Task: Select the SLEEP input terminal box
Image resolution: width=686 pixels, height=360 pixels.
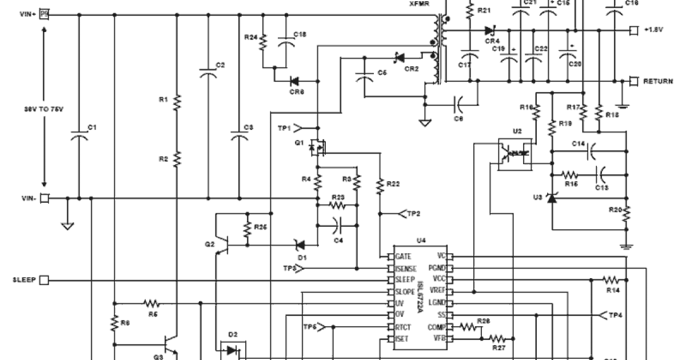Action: point(43,280)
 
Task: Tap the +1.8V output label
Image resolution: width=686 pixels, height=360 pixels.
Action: point(653,30)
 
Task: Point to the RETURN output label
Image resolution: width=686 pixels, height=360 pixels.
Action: point(657,81)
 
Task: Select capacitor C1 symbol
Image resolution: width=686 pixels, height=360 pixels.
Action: point(79,136)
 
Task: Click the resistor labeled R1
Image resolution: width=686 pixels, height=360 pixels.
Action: point(177,101)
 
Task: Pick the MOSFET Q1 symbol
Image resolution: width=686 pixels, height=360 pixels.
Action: point(316,148)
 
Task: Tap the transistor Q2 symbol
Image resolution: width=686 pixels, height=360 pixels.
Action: point(224,246)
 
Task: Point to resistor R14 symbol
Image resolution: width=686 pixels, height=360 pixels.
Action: point(611,280)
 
